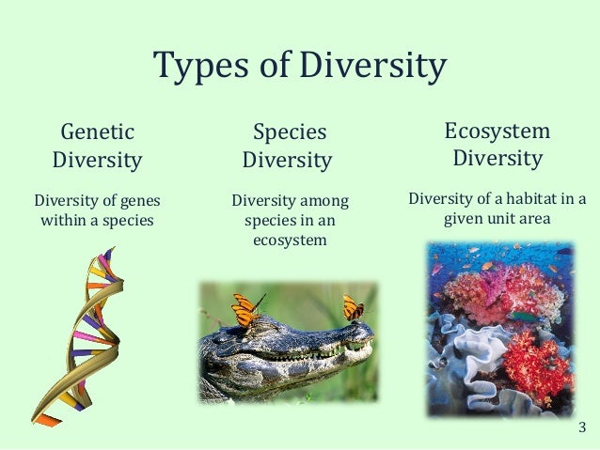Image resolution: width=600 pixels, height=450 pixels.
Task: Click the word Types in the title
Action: [x=192, y=67]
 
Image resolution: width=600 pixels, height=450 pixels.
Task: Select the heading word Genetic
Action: [x=97, y=132]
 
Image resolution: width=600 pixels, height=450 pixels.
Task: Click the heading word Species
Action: [x=289, y=132]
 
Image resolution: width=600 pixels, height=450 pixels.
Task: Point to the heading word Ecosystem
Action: [x=497, y=131]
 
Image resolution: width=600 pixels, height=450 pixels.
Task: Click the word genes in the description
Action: [x=135, y=200]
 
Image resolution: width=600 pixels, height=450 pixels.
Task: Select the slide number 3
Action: [x=582, y=429]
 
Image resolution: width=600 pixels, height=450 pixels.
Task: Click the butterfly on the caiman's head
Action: [x=245, y=308]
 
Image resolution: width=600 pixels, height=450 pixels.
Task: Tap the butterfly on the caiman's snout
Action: [x=354, y=306]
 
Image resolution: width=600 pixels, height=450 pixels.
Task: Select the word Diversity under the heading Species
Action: [x=287, y=161]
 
